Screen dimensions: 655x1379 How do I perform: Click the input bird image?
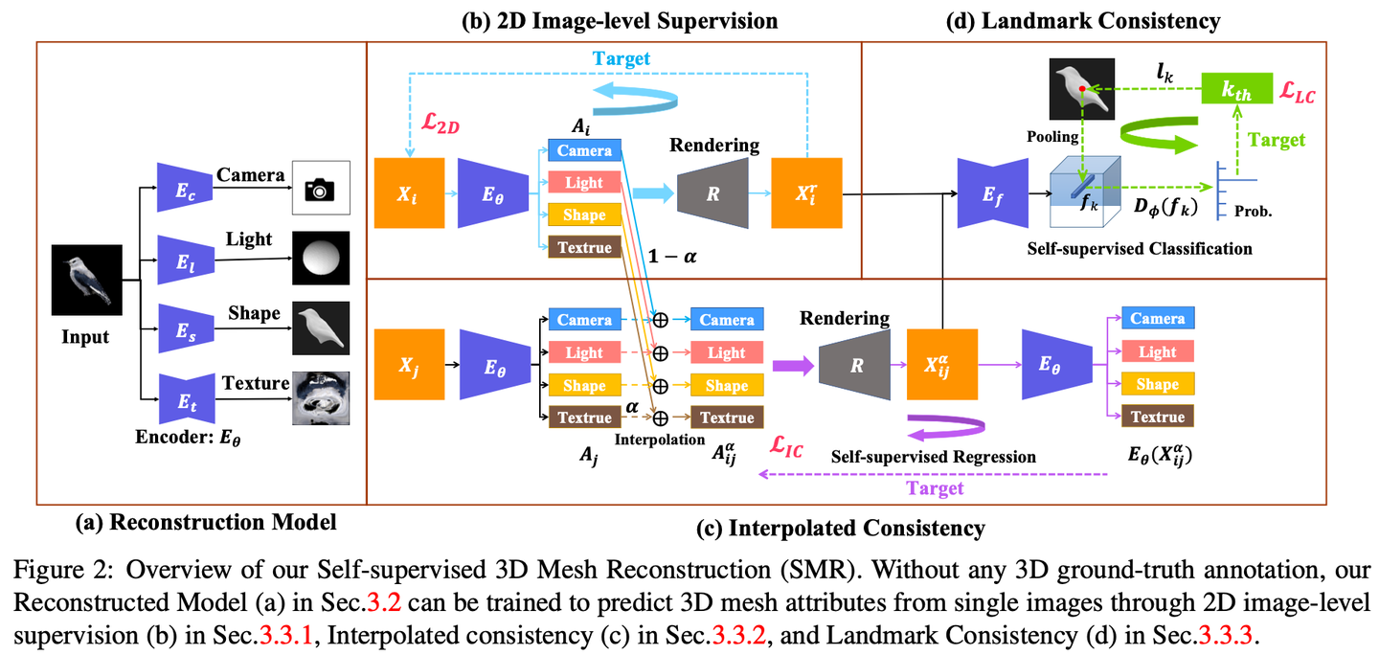pyautogui.click(x=86, y=281)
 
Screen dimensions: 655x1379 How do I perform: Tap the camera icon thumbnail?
pyautogui.click(x=321, y=188)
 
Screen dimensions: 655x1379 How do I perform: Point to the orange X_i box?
pyautogui.click(x=409, y=194)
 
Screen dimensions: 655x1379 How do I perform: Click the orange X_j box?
pyautogui.click(x=409, y=363)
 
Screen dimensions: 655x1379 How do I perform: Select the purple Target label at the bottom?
pyautogui.click(x=935, y=489)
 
